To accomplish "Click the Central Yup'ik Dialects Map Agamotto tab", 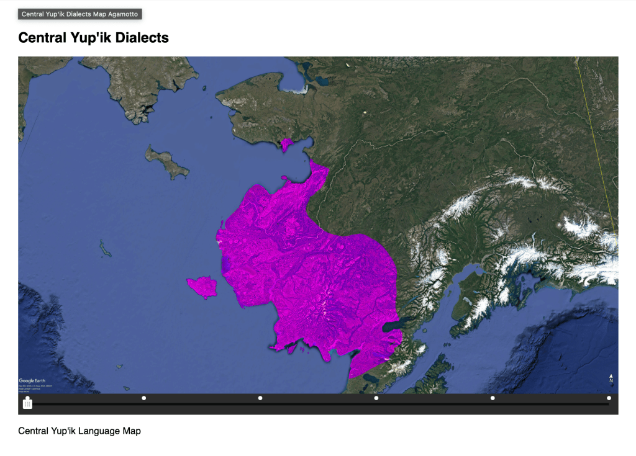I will pyautogui.click(x=80, y=14).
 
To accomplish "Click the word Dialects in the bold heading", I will pyautogui.click(x=141, y=38).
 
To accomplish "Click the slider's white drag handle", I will pyautogui.click(x=27, y=404).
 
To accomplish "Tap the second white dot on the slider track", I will pyautogui.click(x=144, y=398).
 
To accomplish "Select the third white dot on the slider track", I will pyautogui.click(x=260, y=398).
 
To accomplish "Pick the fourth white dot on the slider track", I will pyautogui.click(x=376, y=398).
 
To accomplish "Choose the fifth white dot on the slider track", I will pyautogui.click(x=493, y=398).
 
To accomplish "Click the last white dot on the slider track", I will pyautogui.click(x=609, y=398).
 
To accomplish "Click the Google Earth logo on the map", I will pyautogui.click(x=32, y=380).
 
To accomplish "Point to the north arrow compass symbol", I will pyautogui.click(x=611, y=378).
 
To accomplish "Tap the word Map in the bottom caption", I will pyautogui.click(x=131, y=431).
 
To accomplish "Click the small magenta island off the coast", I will pyautogui.click(x=202, y=287).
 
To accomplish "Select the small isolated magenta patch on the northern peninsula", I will pyautogui.click(x=286, y=145).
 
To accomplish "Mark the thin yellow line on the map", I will pyautogui.click(x=596, y=149).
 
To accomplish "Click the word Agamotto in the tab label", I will pyautogui.click(x=123, y=14).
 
